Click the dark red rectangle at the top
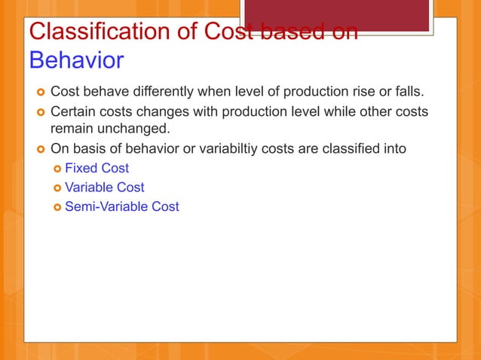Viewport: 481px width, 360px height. point(337,15)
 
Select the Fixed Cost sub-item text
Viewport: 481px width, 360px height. point(97,168)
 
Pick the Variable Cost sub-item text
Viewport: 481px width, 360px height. point(104,187)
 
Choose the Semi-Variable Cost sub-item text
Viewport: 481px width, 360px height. point(121,206)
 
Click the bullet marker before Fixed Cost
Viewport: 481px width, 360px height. point(56,169)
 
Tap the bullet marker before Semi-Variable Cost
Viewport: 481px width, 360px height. point(56,206)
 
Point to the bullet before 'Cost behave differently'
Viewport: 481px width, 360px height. point(38,93)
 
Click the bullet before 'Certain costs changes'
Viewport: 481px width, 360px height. point(38,112)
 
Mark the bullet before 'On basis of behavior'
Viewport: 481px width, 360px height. point(38,149)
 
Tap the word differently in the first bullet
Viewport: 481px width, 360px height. point(158,93)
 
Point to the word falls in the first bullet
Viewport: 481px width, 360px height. point(408,93)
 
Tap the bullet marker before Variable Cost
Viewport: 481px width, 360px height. point(56,188)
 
